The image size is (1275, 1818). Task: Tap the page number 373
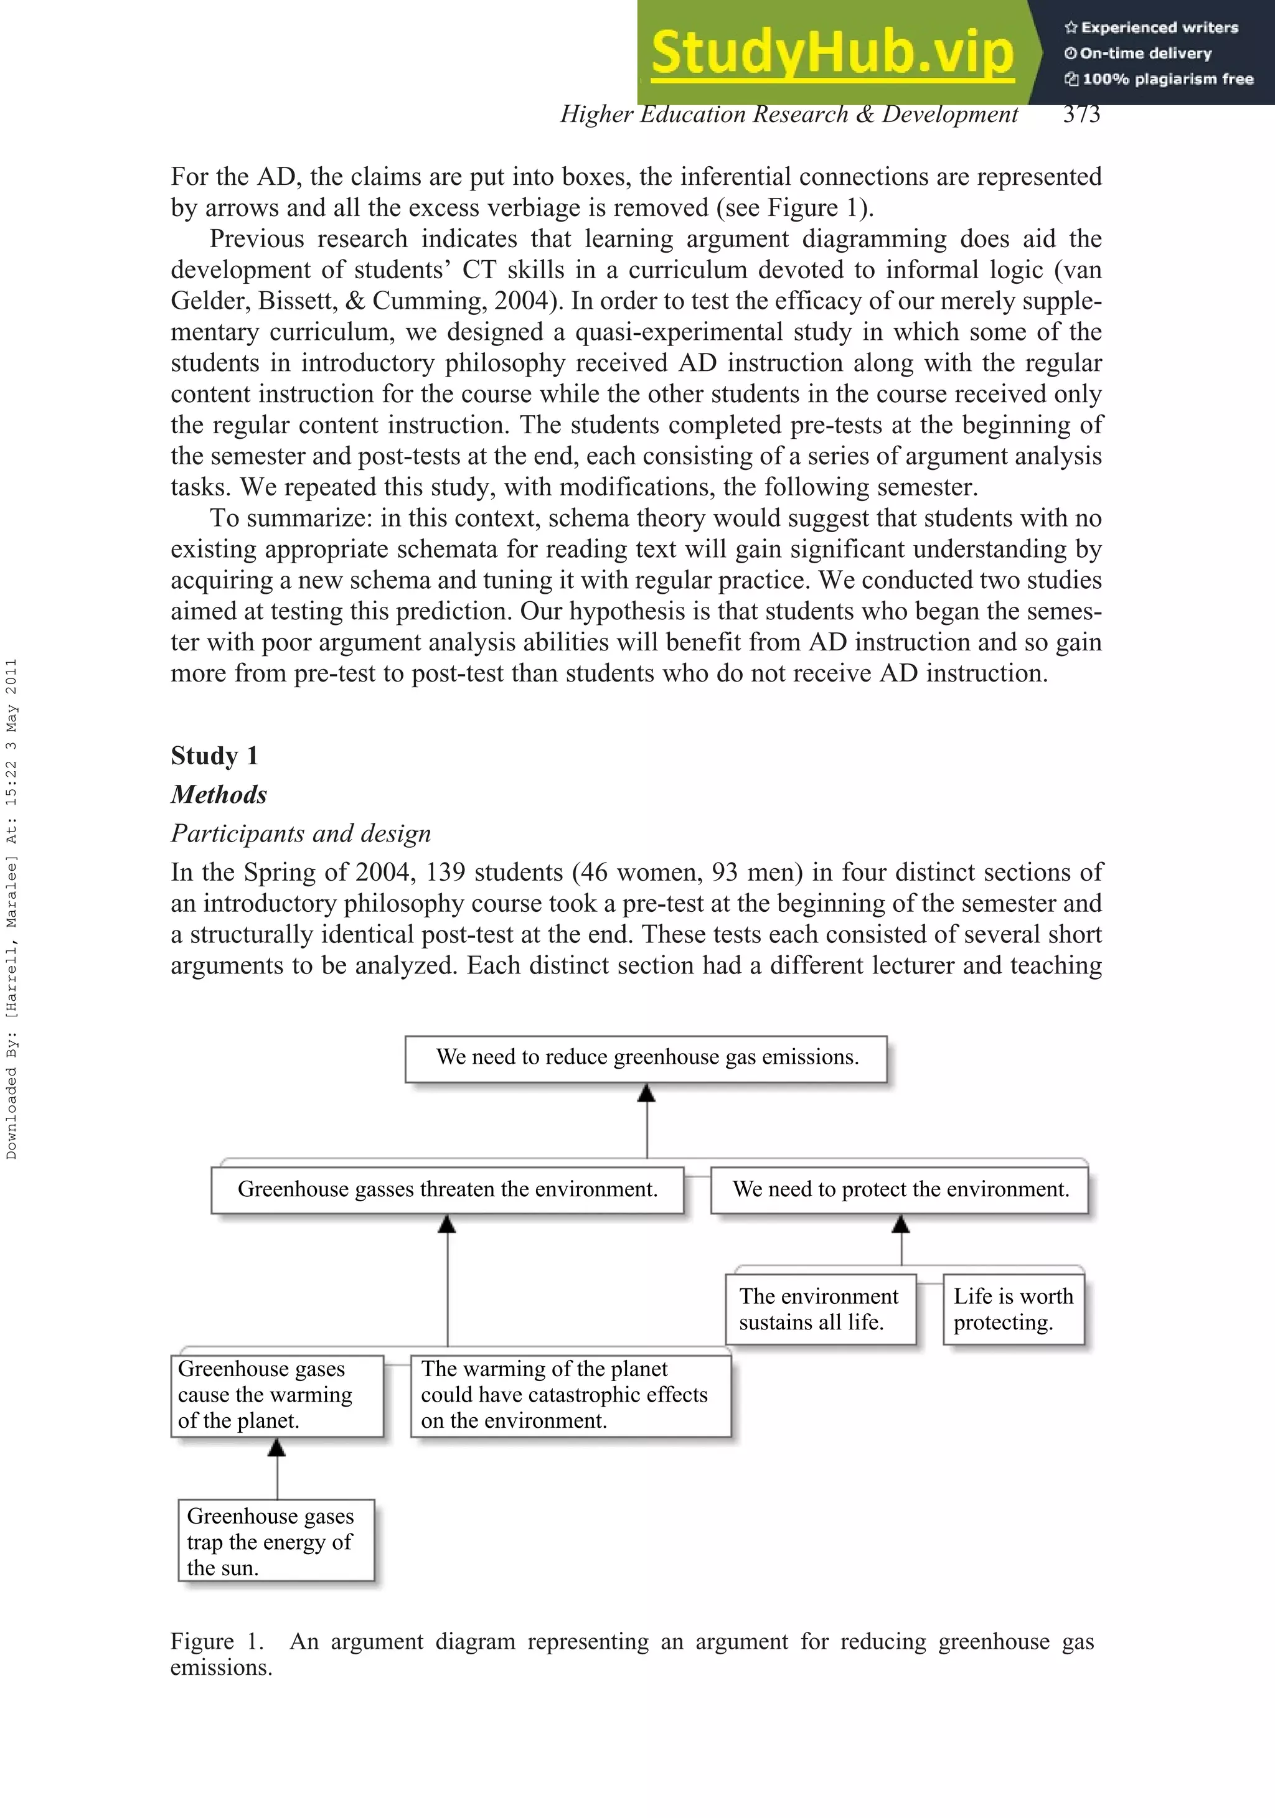1081,114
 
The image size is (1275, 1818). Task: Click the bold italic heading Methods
219,794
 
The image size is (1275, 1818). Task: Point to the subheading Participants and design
301,833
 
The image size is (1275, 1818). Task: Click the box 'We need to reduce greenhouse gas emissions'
646,1058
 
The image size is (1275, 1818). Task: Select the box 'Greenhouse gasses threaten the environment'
448,1189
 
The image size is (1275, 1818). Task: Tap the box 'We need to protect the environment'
900,1189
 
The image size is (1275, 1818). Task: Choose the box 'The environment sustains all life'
821,1309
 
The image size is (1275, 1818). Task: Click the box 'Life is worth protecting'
1013,1309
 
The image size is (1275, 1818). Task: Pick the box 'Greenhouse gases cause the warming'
276,1395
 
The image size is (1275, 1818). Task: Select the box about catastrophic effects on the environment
570,1395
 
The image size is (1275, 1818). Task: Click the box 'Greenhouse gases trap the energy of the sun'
276,1541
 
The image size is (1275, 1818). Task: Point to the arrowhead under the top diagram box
646,1094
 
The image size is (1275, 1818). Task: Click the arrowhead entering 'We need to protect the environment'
900,1225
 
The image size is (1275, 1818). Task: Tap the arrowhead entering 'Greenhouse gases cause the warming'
276,1448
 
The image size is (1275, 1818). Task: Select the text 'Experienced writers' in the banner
1159,28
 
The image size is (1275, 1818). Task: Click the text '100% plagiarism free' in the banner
1167,79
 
